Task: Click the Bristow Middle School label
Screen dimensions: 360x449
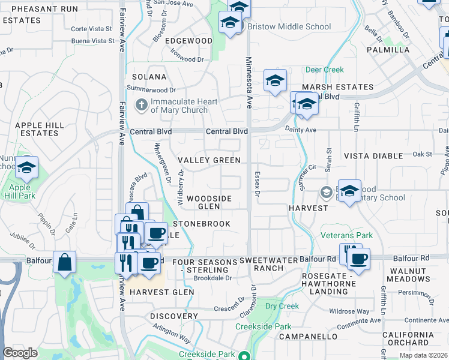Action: tap(289, 26)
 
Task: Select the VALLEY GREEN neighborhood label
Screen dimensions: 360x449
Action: tap(209, 160)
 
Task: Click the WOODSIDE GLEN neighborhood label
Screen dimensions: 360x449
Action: tap(208, 202)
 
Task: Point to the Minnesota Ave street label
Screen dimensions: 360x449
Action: tap(247, 81)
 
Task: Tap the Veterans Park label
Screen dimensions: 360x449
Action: tap(346, 235)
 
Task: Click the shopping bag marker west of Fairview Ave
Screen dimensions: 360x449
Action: tap(64, 262)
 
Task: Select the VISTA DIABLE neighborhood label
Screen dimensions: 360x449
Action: tap(373, 156)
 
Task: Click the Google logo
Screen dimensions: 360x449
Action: tap(20, 353)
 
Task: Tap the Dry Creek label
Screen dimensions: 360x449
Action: tap(282, 306)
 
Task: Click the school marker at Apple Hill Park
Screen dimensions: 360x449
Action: tap(26, 169)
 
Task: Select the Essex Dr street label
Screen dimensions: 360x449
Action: tap(256, 186)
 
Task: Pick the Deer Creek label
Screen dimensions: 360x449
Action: tap(325, 70)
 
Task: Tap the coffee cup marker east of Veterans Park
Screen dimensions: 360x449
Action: tap(359, 260)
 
